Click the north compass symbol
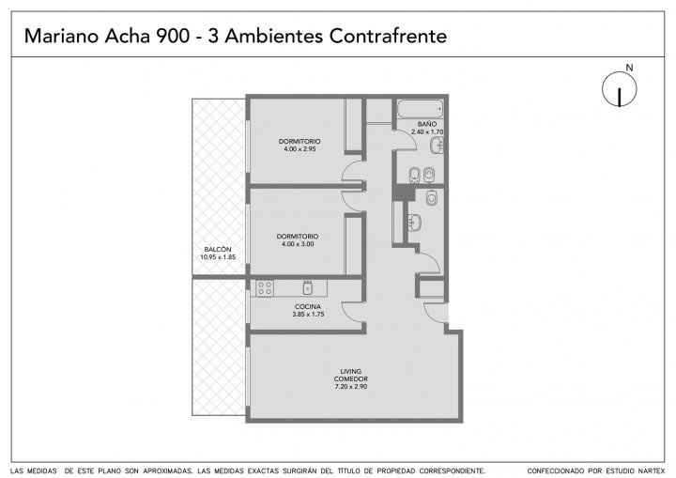pyautogui.click(x=620, y=90)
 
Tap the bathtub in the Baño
pyautogui.click(x=421, y=109)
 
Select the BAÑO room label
pyautogui.click(x=427, y=124)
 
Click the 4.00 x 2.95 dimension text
pyautogui.click(x=300, y=148)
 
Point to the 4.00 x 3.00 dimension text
pyautogui.click(x=298, y=244)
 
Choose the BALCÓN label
pyautogui.click(x=218, y=250)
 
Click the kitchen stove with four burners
pyautogui.click(x=265, y=287)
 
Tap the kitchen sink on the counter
pyautogui.click(x=307, y=287)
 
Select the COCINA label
pyautogui.click(x=308, y=307)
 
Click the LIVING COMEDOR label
pyautogui.click(x=351, y=375)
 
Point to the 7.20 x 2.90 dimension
pyautogui.click(x=351, y=387)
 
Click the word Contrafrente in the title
pyautogui.click(x=388, y=36)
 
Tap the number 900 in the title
pyautogui.click(x=173, y=37)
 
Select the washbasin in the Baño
pyautogui.click(x=437, y=146)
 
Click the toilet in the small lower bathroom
pyautogui.click(x=431, y=197)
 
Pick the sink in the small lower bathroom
pyautogui.click(x=415, y=223)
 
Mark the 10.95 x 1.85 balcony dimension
pyautogui.click(x=218, y=257)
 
